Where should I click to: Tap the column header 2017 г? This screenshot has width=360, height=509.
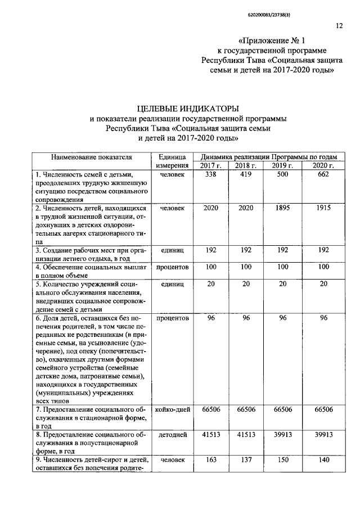point(210,165)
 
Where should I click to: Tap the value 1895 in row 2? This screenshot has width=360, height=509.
point(282,208)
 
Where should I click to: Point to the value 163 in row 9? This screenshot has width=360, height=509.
point(210,460)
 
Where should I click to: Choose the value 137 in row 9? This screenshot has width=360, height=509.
point(246,460)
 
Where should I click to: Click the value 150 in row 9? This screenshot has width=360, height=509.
point(282,460)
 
